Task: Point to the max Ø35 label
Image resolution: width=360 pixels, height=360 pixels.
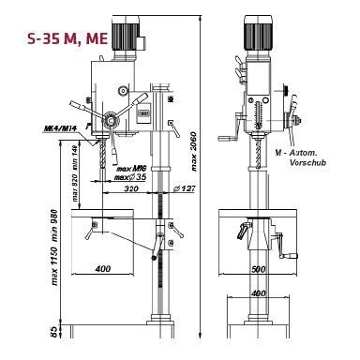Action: [131, 176]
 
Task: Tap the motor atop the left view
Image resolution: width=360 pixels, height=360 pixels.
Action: [125, 35]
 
